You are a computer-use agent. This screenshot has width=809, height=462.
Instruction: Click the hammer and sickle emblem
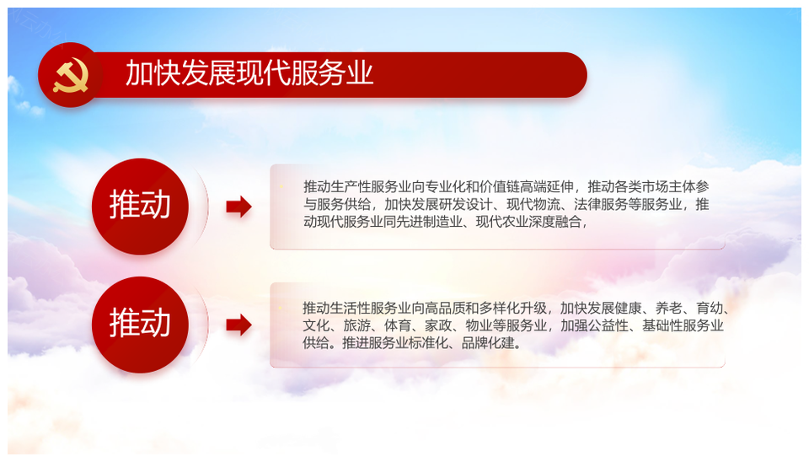click(71, 76)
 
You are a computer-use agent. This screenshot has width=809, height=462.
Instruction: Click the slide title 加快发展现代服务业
click(249, 73)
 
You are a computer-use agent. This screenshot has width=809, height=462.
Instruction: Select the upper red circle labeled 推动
click(140, 206)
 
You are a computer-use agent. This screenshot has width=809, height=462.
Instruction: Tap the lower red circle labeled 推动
click(140, 325)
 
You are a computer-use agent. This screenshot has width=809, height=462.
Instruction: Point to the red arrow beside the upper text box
click(238, 207)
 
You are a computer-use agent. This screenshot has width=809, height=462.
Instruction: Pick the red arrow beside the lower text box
click(238, 325)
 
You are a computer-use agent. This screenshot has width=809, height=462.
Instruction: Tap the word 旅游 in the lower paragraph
click(356, 325)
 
